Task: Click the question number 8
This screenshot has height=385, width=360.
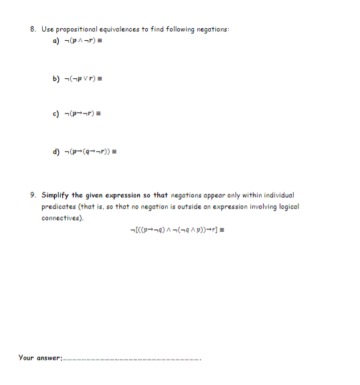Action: click(33, 29)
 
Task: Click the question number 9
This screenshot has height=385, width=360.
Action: click(33, 195)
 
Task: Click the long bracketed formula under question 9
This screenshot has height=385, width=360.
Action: click(180, 231)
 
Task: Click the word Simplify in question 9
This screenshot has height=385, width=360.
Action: click(56, 195)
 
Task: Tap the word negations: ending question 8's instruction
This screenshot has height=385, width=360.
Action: click(212, 29)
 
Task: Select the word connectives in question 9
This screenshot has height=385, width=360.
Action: click(62, 218)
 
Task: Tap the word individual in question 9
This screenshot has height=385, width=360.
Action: click(275, 195)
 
